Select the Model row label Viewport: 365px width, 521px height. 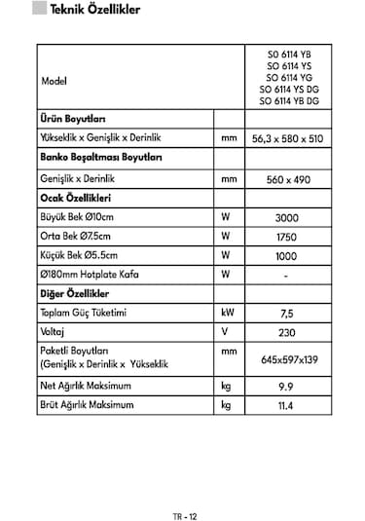(55, 81)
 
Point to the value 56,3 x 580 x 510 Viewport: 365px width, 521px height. (286, 138)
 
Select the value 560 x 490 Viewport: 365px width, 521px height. (286, 179)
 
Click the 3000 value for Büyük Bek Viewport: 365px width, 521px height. (286, 218)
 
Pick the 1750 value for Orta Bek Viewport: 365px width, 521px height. (286, 237)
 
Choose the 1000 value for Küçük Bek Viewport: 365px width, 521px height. (286, 256)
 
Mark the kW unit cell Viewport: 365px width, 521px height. (227, 314)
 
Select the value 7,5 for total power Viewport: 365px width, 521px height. (286, 315)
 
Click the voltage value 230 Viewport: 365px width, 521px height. (286, 333)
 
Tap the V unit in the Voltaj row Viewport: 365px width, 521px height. (225, 332)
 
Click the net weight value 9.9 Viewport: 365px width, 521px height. (286, 388)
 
